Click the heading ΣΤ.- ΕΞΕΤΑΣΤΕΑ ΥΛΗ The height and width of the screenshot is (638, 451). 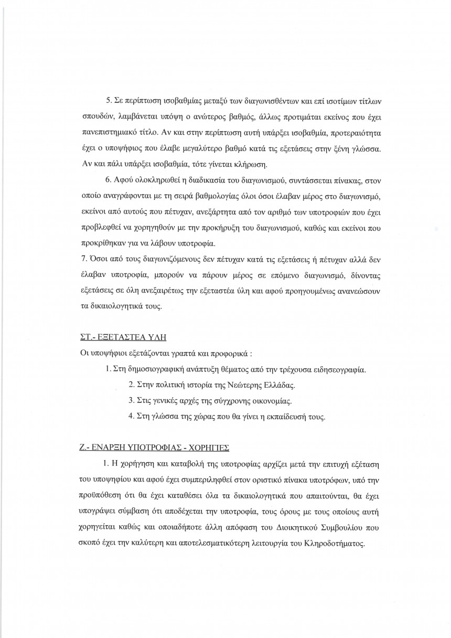108,336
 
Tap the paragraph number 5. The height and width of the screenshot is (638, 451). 108,100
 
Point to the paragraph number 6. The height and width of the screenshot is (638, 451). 108,180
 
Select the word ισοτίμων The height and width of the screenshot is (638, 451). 356,100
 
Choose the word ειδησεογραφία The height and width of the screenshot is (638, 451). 339,370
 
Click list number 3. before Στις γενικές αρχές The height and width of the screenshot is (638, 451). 132,401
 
